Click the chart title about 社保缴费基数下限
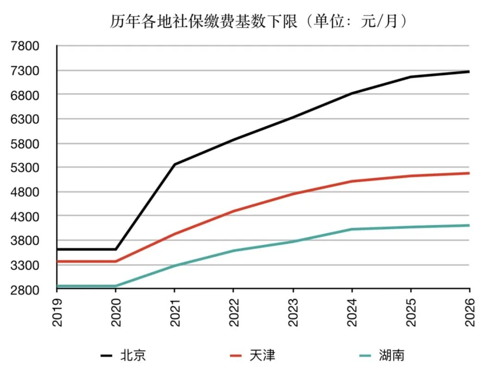click(259, 22)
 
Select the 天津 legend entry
click(253, 355)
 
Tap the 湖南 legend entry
click(381, 355)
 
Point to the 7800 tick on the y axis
click(25, 46)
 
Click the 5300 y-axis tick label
click(25, 168)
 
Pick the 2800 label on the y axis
click(25, 290)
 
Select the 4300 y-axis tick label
click(25, 217)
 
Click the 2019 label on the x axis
click(57, 312)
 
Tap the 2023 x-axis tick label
click(293, 312)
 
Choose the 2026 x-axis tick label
click(470, 312)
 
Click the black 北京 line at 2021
click(175, 164)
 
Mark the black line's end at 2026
click(469, 72)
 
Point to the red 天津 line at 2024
click(352, 181)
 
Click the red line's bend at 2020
click(115, 261)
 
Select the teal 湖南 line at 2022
click(234, 251)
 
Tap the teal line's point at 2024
click(352, 229)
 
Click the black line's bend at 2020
click(115, 249)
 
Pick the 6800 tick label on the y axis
click(25, 95)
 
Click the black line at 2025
click(411, 77)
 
